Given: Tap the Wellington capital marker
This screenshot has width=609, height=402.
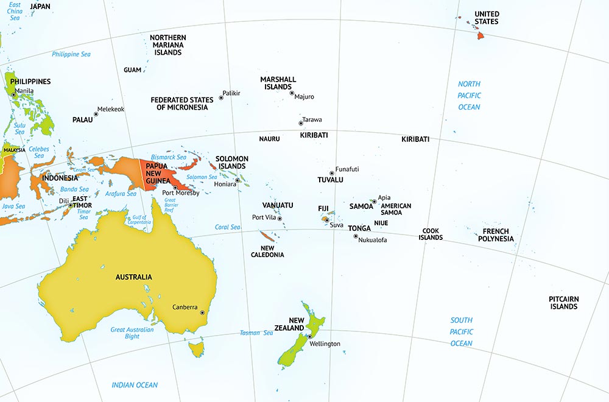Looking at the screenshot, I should point(309,336).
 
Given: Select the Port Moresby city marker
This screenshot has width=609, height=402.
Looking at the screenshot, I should point(175,188).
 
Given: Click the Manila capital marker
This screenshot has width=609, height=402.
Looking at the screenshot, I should point(13,94).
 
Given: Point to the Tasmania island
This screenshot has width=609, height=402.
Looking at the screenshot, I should point(195,349).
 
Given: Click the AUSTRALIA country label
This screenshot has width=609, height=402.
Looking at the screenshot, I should point(133,277).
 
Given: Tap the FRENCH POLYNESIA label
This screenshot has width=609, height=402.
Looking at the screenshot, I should point(495,235).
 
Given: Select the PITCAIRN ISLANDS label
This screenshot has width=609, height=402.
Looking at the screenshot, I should point(563,303).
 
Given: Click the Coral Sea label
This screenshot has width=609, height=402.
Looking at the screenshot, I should point(228,227).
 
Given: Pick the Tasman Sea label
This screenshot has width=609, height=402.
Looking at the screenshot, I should point(256,333).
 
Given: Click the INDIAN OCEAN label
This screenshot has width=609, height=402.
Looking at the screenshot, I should point(135,385).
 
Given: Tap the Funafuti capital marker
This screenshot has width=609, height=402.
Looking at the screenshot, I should point(332,173).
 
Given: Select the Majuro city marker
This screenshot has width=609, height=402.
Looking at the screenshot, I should point(292,93).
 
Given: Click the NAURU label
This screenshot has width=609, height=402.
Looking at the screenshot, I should point(269,139).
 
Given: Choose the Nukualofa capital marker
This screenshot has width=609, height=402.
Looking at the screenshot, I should point(356,236).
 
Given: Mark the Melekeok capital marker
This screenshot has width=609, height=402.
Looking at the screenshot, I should point(96,113).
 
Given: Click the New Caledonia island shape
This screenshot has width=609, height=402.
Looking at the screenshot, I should point(267,236).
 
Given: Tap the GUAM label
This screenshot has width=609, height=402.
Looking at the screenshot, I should point(132,70).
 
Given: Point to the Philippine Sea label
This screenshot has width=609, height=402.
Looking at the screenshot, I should point(71,54).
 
